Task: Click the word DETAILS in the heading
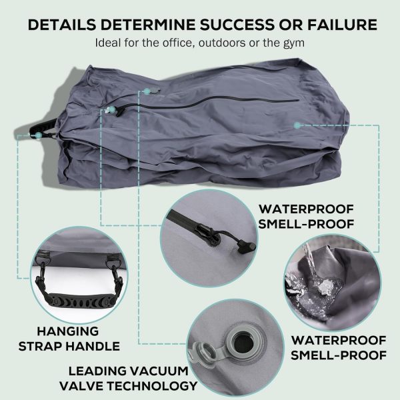click(62, 25)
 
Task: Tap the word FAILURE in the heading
click(342, 25)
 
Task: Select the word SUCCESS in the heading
click(235, 25)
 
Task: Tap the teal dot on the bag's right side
click(297, 125)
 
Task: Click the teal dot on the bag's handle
click(39, 135)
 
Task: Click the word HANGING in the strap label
click(68, 331)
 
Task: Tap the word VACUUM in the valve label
click(160, 371)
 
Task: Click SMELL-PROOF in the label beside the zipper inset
click(306, 224)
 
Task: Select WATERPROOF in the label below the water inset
click(339, 341)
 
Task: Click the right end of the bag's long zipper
click(298, 101)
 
